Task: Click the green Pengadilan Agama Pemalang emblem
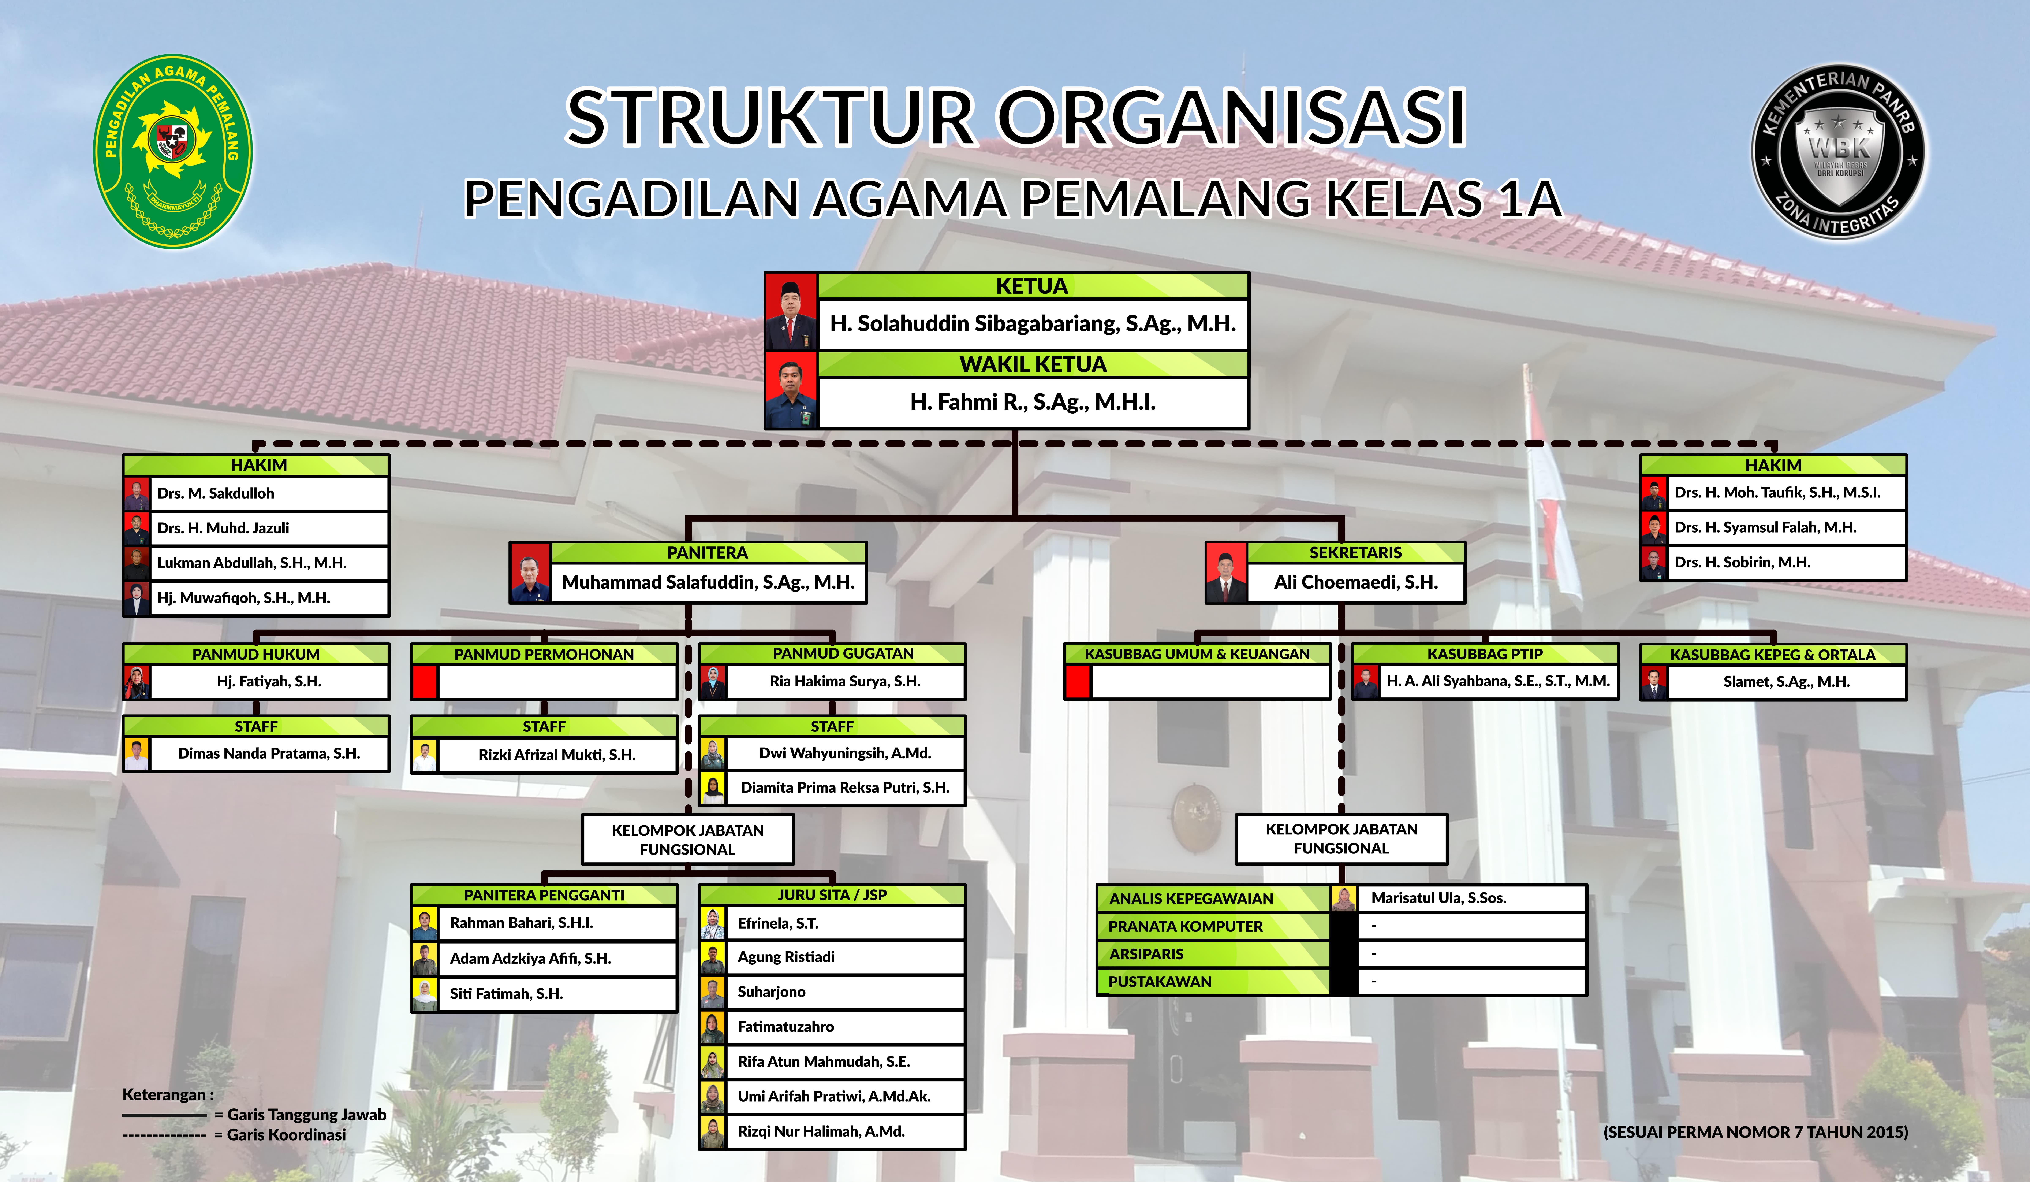pyautogui.click(x=173, y=152)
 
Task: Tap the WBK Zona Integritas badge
pyautogui.click(x=1839, y=152)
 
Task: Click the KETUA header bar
pyautogui.click(x=1033, y=286)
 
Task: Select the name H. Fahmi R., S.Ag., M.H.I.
pyautogui.click(x=1033, y=402)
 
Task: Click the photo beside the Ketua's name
pyautogui.click(x=791, y=312)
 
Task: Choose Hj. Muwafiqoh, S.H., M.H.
pyautogui.click(x=243, y=598)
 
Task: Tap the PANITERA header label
pyautogui.click(x=707, y=553)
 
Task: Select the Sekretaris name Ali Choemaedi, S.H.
pyautogui.click(x=1356, y=582)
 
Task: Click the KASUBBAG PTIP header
pyautogui.click(x=1485, y=654)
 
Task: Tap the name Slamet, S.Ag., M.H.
pyautogui.click(x=1786, y=682)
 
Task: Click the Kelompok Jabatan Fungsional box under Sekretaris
pyautogui.click(x=1341, y=839)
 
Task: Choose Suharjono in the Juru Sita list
pyautogui.click(x=771, y=992)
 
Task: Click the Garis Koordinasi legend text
pyautogui.click(x=286, y=1134)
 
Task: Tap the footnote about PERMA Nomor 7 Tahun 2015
pyautogui.click(x=1755, y=1132)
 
